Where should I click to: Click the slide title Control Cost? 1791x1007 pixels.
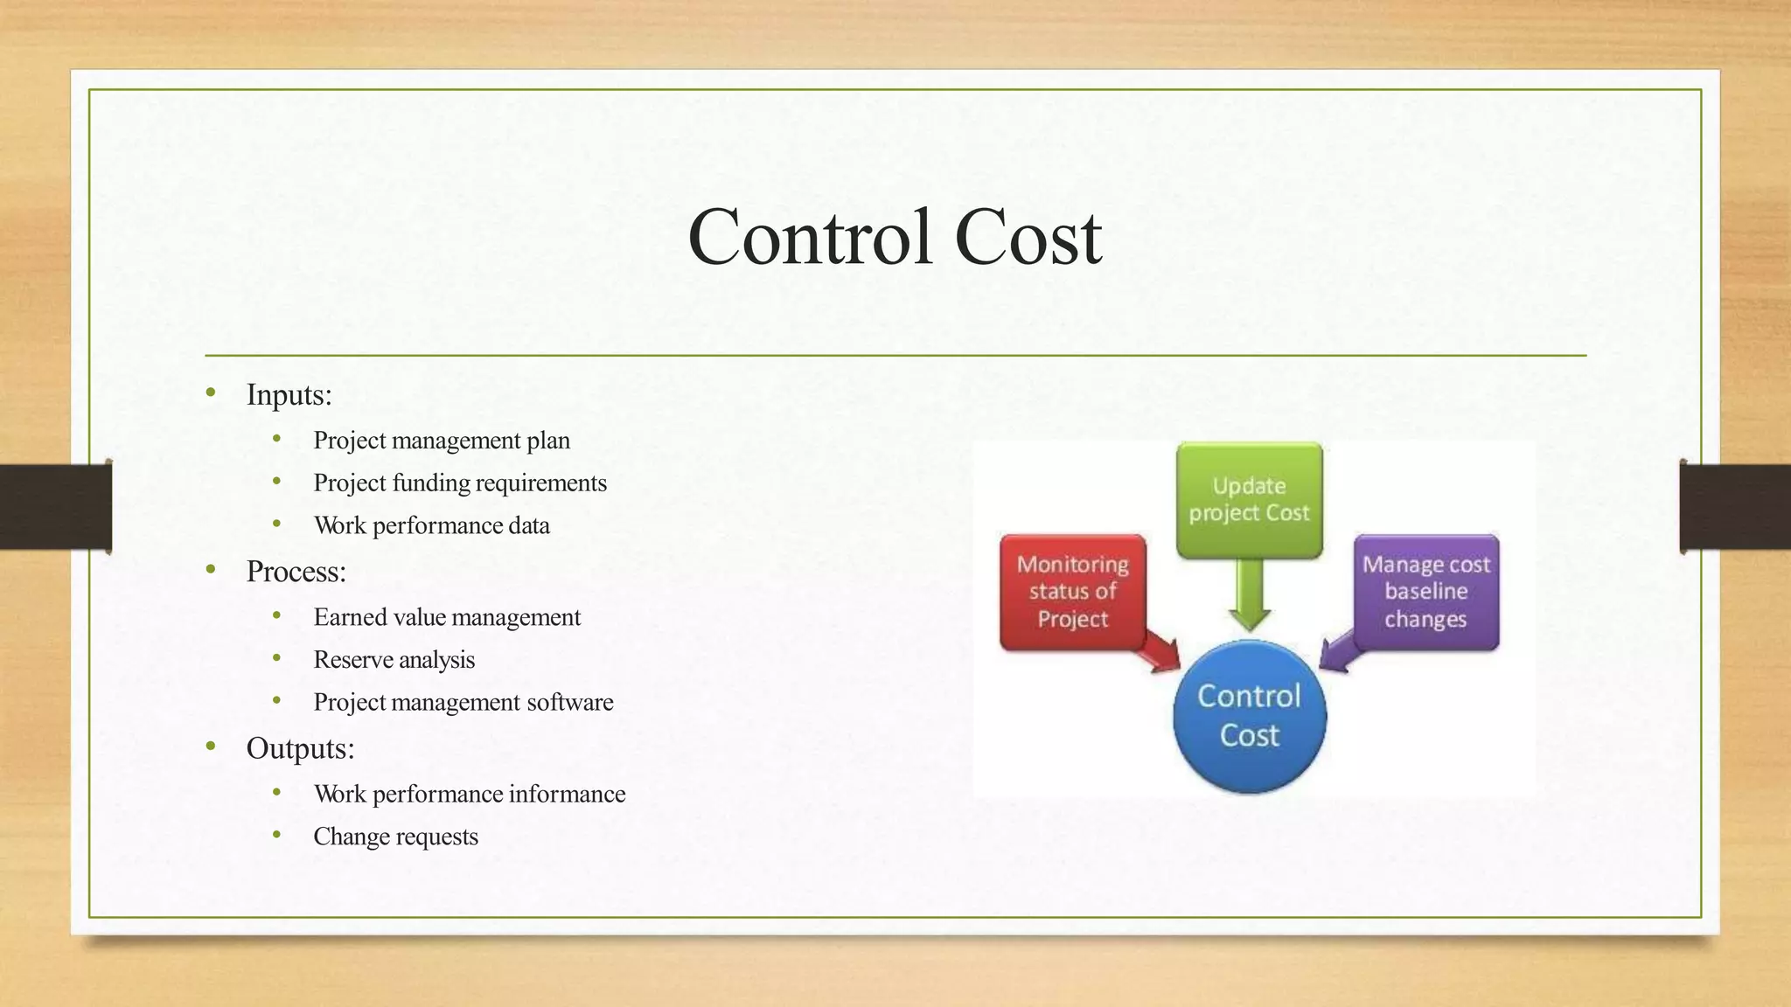(x=894, y=238)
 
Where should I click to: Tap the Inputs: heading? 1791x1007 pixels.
(x=289, y=395)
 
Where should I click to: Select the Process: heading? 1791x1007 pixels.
(x=296, y=572)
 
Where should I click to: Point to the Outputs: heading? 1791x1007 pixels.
(x=300, y=748)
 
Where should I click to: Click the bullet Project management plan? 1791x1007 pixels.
(x=442, y=441)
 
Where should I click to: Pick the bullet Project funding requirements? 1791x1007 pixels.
(x=460, y=483)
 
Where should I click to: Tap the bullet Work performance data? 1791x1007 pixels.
(x=432, y=526)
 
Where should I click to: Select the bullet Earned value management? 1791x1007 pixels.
(x=447, y=618)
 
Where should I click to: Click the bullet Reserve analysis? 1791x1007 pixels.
(x=394, y=660)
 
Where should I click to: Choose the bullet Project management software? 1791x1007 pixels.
(x=463, y=703)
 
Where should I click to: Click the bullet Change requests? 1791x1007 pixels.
(x=396, y=837)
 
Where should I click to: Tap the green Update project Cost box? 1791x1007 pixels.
(x=1249, y=500)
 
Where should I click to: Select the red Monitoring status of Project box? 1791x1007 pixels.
(x=1072, y=592)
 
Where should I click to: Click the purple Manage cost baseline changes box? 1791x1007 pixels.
(x=1425, y=592)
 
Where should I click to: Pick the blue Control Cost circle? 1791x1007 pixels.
(x=1249, y=716)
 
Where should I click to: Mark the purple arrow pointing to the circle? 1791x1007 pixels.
(x=1337, y=654)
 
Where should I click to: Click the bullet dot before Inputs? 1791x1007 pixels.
(x=211, y=393)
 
